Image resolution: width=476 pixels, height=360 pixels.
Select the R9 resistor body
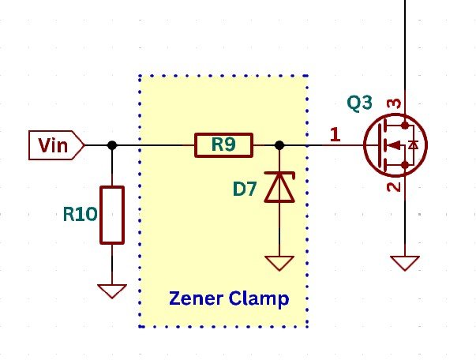point(223,145)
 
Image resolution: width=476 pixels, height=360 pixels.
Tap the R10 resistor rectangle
point(112,215)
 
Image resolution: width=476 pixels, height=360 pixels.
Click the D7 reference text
point(245,189)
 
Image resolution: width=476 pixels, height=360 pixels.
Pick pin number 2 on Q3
point(396,186)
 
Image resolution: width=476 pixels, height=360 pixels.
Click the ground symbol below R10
point(112,291)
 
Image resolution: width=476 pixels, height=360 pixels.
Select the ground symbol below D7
point(279,262)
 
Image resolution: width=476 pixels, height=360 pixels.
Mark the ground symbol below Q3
point(405,262)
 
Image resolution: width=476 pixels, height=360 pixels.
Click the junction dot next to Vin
point(112,145)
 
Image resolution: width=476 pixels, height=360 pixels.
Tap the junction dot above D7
point(279,145)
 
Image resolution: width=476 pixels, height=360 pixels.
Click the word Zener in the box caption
point(193,299)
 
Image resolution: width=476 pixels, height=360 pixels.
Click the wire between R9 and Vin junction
point(154,145)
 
